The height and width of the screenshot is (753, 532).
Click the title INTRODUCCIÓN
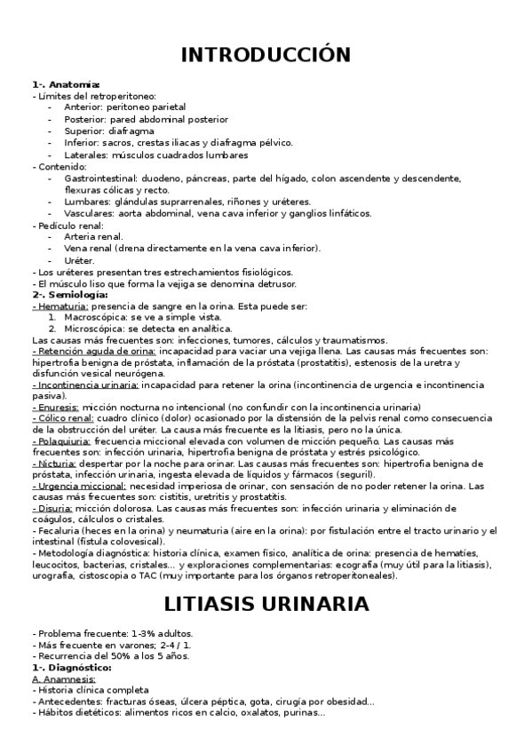click(266, 55)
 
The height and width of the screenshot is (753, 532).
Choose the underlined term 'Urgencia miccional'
click(77, 486)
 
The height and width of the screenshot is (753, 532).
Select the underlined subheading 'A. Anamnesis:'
click(63, 678)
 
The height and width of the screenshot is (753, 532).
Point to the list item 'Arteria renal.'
click(94, 237)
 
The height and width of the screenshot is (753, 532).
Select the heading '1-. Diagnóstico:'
click(71, 667)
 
